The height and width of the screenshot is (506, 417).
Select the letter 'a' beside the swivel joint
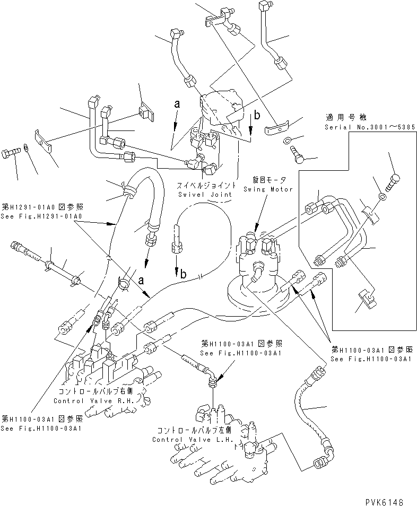click(x=177, y=106)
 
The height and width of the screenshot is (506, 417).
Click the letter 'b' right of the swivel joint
click(x=257, y=116)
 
